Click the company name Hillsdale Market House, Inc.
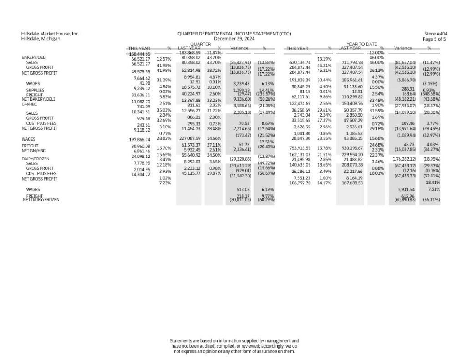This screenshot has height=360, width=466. [x=50, y=34]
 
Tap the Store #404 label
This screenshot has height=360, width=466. [x=435, y=34]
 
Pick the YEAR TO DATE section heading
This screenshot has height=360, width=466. [x=362, y=44]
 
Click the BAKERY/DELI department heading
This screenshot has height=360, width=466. [x=34, y=57]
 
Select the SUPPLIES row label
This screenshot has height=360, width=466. [x=35, y=90]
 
